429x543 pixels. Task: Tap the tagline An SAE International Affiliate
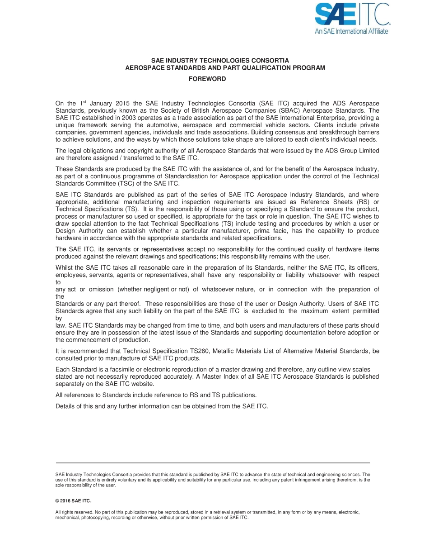pyautogui.click(x=351, y=31)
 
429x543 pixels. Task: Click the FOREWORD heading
pyautogui.click(x=207, y=79)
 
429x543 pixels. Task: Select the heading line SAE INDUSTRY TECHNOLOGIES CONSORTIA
pyautogui.click(x=220, y=60)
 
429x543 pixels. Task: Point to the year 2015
pyautogui.click(x=123, y=104)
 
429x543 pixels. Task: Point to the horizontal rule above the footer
pyautogui.click(x=213, y=463)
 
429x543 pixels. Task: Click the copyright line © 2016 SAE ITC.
pyautogui.click(x=73, y=501)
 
